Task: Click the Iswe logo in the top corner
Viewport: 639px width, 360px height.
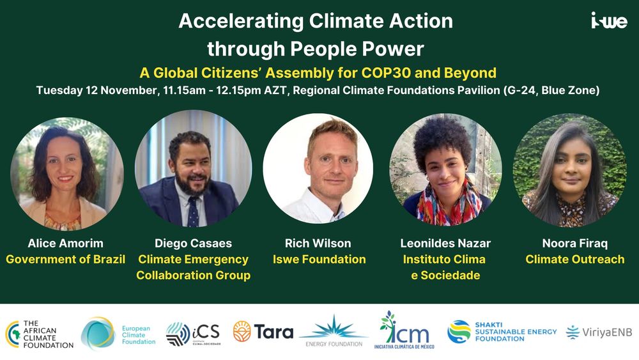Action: (609, 20)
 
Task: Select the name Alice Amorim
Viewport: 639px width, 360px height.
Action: (66, 244)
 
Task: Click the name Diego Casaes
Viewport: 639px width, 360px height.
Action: (193, 244)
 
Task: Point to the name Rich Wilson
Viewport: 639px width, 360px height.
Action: (318, 244)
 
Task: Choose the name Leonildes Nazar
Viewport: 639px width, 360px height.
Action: (445, 244)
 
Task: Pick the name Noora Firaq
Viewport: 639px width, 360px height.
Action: (574, 244)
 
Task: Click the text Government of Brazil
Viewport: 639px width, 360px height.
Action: (66, 260)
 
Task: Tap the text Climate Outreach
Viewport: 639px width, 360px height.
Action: (574, 260)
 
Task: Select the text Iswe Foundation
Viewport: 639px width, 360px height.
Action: (319, 260)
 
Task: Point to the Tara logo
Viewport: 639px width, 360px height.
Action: (263, 331)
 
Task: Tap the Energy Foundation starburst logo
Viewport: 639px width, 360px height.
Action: (334, 331)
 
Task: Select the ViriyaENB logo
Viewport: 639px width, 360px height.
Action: (599, 333)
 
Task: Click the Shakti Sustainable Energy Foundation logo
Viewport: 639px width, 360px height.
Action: (502, 332)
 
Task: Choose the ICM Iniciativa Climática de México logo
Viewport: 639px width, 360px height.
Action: (404, 330)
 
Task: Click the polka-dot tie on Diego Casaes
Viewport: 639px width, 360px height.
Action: (193, 212)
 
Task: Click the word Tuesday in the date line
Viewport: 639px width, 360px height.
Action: (60, 91)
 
